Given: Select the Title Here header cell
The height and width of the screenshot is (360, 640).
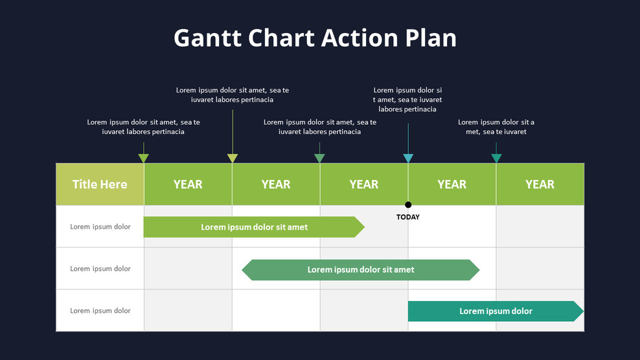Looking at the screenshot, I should pos(100,185).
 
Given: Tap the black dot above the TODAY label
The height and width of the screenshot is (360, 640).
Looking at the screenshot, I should pos(408,205).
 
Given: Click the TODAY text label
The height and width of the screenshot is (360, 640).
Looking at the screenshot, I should pos(408,218).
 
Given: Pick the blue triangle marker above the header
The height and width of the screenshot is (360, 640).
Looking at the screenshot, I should pos(408,158).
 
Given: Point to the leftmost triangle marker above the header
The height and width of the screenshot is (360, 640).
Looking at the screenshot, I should pos(144,158).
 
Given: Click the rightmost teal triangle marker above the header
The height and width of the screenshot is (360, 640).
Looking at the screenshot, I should pos(496,158).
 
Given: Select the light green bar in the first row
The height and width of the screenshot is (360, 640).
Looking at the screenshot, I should pos(253,227).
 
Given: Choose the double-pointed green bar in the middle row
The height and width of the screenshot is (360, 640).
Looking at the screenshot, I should pos(361,270).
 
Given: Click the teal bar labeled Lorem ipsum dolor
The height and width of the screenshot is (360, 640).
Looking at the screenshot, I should pos(495,311).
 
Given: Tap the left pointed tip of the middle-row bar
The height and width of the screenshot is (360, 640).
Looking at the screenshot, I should pos(245,270).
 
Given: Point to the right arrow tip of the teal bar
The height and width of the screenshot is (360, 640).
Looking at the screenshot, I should pos(580,311).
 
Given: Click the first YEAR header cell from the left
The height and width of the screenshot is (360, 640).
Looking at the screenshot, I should pos(188,185).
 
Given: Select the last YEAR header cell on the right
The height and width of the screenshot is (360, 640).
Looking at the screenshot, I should pos(540,185).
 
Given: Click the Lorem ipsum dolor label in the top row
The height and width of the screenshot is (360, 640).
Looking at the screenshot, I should pos(100,227).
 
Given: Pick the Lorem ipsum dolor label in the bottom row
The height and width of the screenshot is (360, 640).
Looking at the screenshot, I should pos(100,311).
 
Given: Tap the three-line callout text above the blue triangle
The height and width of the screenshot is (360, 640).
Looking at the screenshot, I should pos(408,100).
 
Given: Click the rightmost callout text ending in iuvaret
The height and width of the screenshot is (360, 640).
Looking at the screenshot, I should pos(496,127).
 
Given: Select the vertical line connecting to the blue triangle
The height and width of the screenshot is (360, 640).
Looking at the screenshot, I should pos(408,137).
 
